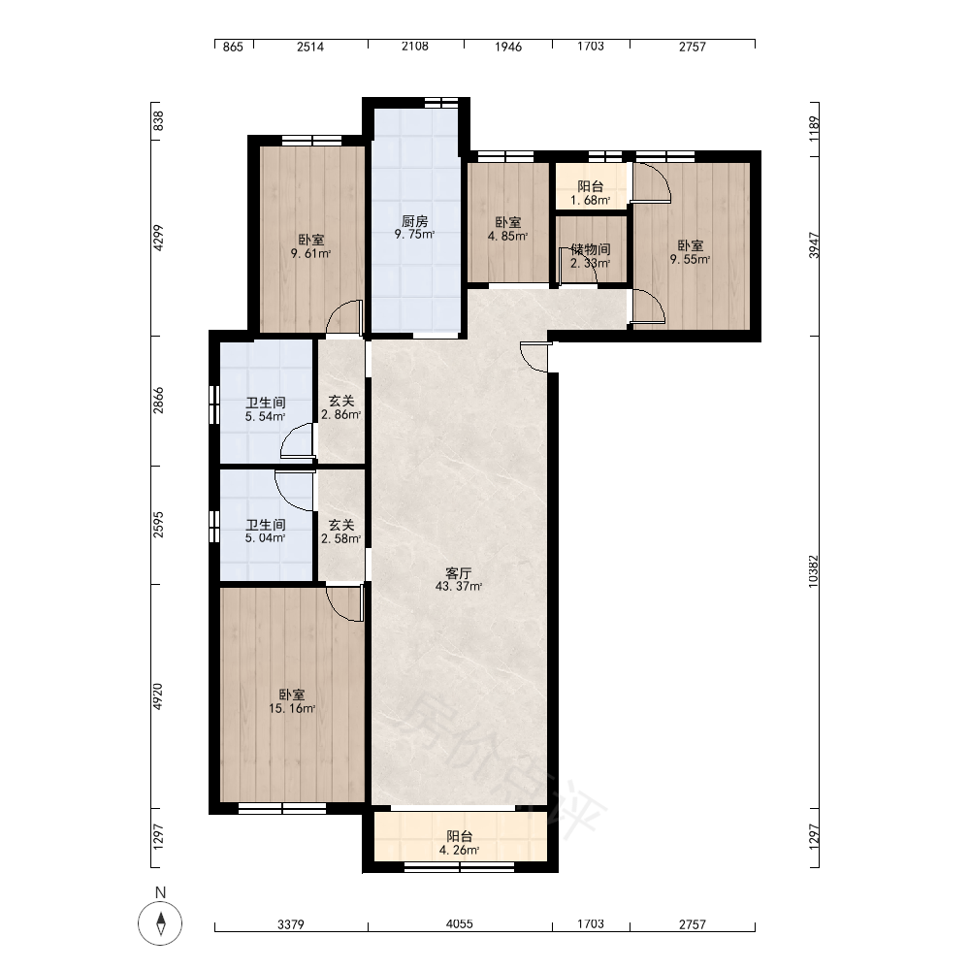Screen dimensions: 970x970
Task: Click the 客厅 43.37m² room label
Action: point(459,580)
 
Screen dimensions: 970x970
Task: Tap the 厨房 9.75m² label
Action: point(414,227)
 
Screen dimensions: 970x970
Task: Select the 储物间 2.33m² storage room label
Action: point(590,255)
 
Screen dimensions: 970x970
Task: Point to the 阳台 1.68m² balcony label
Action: point(590,193)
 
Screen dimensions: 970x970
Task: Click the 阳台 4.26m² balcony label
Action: point(459,843)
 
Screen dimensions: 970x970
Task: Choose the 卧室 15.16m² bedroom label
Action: point(291,701)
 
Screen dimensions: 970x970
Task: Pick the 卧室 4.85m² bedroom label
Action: point(507,228)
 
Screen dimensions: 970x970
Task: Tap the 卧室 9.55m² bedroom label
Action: point(690,252)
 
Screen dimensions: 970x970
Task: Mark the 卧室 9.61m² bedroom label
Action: point(310,246)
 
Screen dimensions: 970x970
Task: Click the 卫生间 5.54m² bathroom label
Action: point(266,409)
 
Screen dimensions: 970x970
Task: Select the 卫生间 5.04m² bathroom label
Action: point(266,531)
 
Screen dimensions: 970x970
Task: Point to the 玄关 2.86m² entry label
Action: point(340,407)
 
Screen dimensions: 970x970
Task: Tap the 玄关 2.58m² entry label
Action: point(340,532)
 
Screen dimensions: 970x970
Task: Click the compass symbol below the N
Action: point(160,923)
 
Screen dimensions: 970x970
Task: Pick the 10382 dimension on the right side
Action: point(814,571)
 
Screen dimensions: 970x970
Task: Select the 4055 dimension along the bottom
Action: point(459,924)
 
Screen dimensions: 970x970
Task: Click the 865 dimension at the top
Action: point(233,47)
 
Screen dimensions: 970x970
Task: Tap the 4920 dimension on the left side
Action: point(158,696)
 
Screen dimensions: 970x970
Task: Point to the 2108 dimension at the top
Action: point(414,46)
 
